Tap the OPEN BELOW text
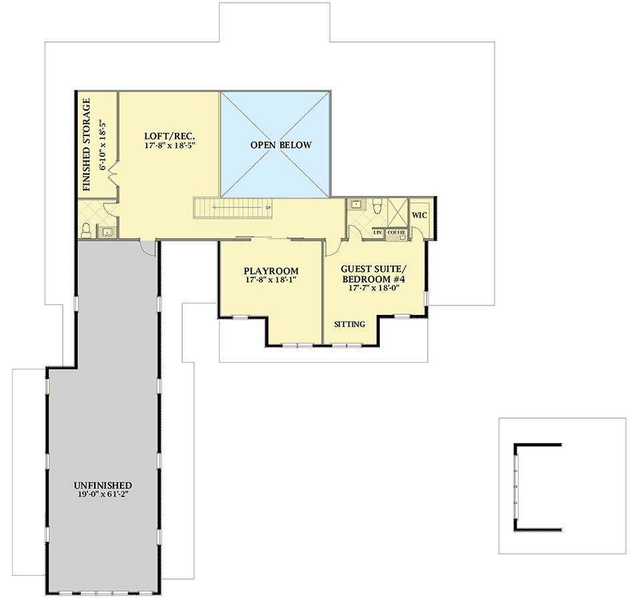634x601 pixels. [280, 145]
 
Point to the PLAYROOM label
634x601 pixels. [270, 271]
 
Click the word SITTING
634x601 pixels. [349, 324]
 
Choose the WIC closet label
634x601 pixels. [419, 215]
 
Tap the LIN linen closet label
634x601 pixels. [377, 232]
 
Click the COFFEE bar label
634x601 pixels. [396, 232]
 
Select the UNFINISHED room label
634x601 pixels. [103, 485]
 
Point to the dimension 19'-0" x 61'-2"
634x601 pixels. [103, 495]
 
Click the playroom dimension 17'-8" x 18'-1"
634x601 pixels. [270, 281]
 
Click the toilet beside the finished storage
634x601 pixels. [85, 230]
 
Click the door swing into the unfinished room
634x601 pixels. [147, 247]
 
